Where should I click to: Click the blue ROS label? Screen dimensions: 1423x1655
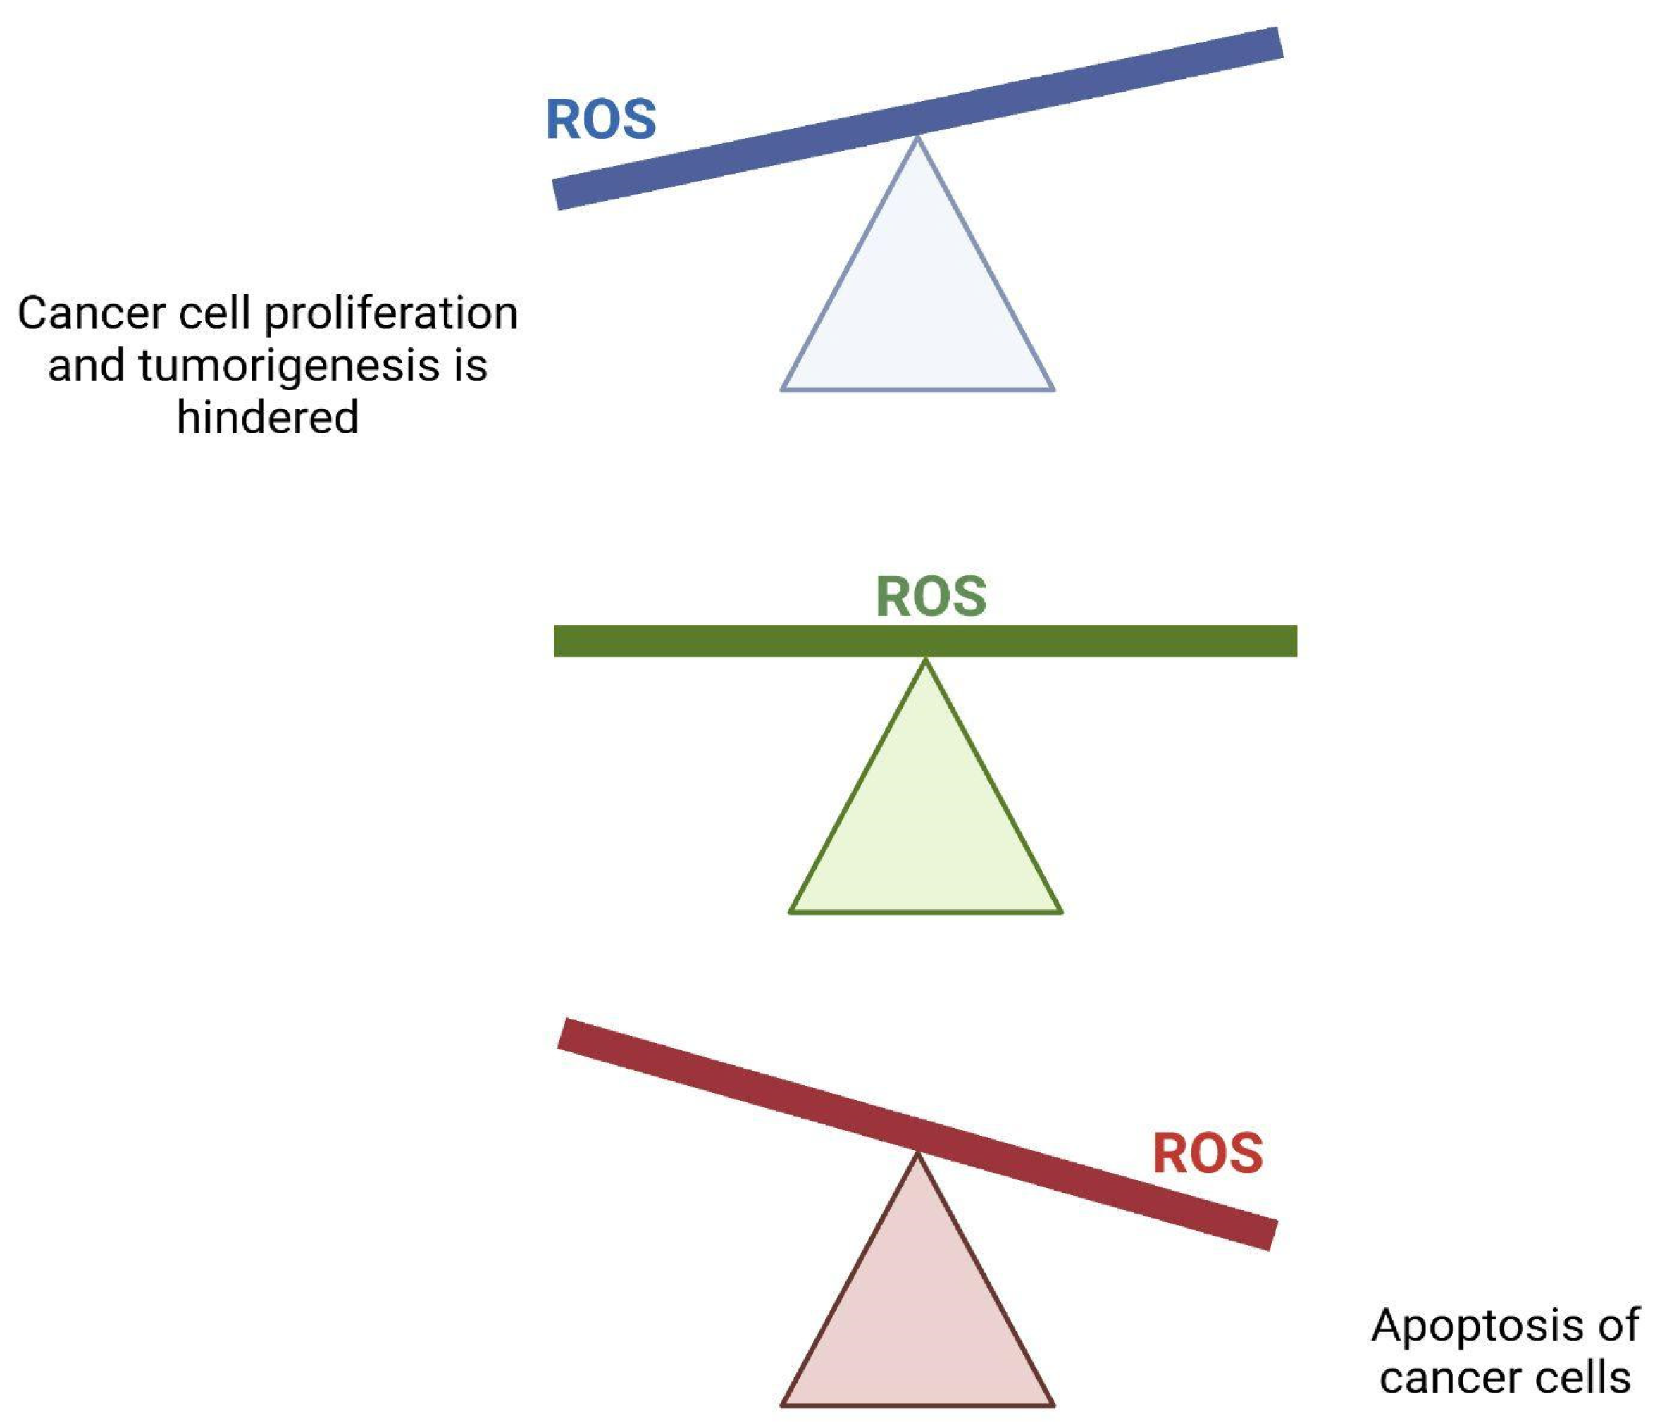[601, 119]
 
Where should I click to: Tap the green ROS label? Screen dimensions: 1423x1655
[931, 597]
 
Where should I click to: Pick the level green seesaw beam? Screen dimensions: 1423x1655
[719, 640]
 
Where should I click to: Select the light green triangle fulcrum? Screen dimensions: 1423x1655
[926, 831]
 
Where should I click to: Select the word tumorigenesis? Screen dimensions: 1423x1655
[289, 366]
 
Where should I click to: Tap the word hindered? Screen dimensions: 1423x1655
[268, 418]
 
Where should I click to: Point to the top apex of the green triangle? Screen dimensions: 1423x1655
[926, 663]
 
